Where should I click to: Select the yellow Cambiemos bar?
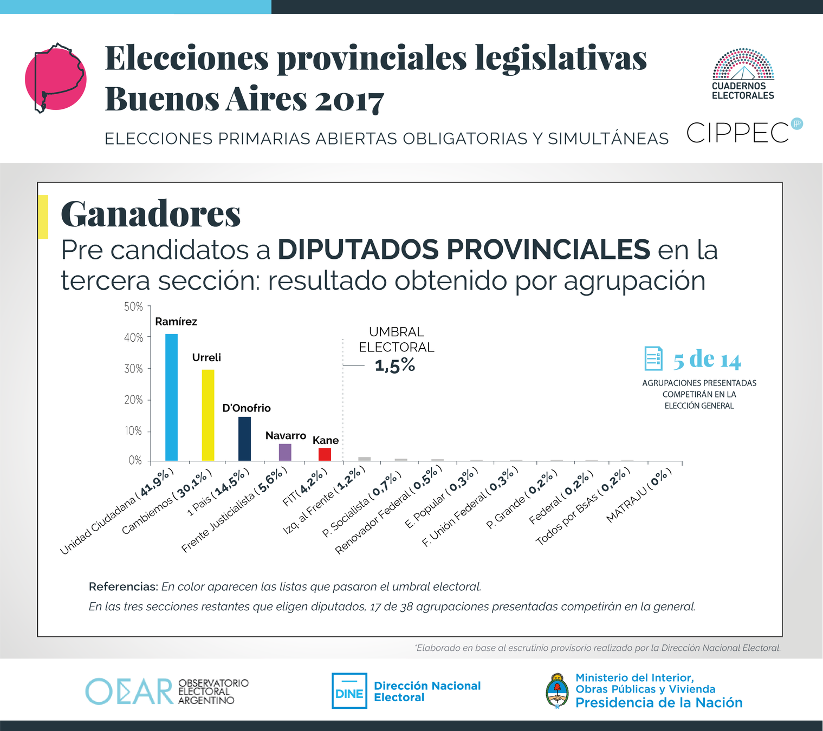tap(208, 415)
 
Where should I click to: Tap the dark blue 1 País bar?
tap(244, 439)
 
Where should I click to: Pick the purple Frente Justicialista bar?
tap(285, 452)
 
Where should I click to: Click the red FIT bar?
tap(325, 454)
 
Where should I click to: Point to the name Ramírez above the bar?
tap(176, 322)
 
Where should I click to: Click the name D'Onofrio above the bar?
tap(247, 408)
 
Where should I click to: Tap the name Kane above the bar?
tap(326, 441)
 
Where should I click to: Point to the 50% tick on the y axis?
tap(134, 307)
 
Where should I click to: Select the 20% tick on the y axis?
tap(134, 400)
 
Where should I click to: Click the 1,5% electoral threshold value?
tap(395, 366)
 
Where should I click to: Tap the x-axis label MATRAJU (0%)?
tap(639, 495)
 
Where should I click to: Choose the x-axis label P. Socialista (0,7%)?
tap(362, 504)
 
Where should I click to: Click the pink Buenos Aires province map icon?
tap(56, 79)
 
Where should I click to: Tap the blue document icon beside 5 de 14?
tap(653, 358)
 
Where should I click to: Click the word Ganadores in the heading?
tap(151, 214)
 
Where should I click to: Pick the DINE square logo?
tap(349, 691)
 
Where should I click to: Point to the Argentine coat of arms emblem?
tap(556, 691)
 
